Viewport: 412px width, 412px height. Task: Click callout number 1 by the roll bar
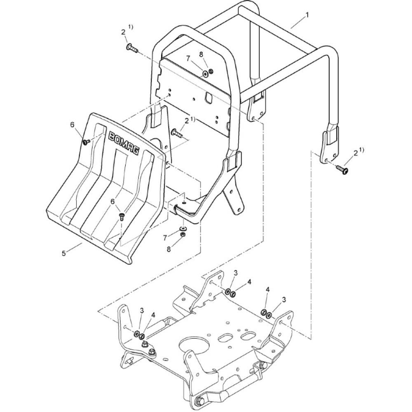[307, 15]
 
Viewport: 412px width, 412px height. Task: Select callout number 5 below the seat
[63, 253]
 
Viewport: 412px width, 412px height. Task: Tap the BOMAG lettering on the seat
[123, 144]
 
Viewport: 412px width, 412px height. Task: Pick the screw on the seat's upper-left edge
[87, 142]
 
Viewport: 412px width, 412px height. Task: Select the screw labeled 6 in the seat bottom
[122, 217]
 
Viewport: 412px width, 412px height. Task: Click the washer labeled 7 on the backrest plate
[205, 74]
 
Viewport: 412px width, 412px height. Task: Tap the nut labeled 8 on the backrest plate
[211, 71]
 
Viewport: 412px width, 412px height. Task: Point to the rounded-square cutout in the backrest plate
[209, 98]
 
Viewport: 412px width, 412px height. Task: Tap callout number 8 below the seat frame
[169, 248]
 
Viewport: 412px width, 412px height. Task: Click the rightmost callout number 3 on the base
[284, 299]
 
